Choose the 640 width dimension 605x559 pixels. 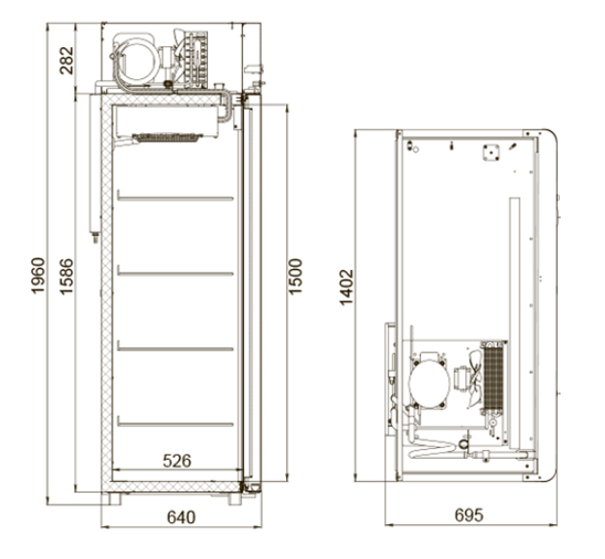click(180, 518)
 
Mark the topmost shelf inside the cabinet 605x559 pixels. click(174, 196)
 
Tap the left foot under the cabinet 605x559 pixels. click(120, 499)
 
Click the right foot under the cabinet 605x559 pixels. click(236, 499)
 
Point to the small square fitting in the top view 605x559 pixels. click(491, 151)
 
